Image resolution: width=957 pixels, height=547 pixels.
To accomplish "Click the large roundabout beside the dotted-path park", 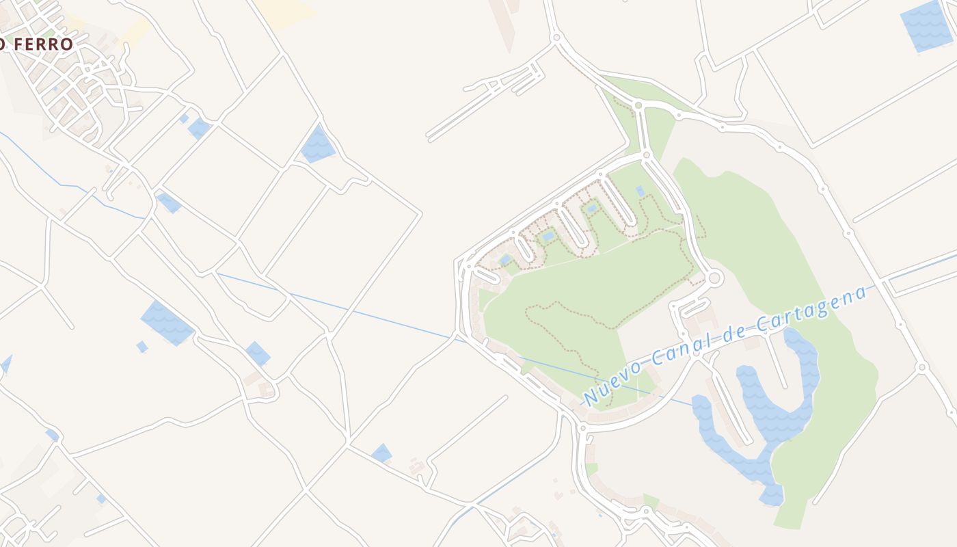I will coord(714,278).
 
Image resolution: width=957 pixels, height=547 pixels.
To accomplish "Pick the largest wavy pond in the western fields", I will coord(167,323).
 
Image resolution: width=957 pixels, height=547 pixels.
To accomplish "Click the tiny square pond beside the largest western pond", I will coord(142,347).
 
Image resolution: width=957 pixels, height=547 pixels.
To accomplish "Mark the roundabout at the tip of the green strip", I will coord(638,105).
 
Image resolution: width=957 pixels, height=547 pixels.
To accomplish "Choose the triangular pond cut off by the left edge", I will coord(5,364).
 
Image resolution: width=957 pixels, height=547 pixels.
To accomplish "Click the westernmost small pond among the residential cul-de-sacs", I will coord(505,260).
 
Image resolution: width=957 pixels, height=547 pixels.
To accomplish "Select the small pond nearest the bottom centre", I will coord(381,453).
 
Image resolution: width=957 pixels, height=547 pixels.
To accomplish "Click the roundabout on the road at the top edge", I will coord(556,37).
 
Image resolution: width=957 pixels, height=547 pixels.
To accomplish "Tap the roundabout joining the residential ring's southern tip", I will coord(582,428).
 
